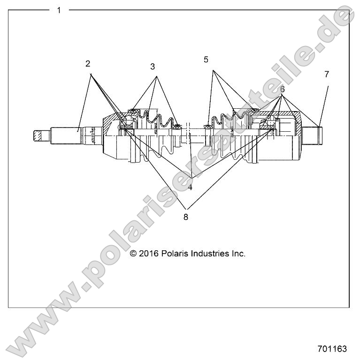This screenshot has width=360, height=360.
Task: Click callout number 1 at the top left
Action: (59, 10)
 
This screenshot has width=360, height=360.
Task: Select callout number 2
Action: (88, 63)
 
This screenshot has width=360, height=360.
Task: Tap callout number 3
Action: (153, 67)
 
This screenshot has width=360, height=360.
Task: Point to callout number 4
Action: (190, 187)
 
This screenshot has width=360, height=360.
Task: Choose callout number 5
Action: (206, 60)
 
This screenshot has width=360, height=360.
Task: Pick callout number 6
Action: (282, 89)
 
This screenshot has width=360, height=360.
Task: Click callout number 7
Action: (326, 74)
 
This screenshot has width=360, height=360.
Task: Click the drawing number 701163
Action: (332, 349)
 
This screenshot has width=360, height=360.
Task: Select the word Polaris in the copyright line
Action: (174, 253)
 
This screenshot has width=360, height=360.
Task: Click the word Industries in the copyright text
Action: (209, 253)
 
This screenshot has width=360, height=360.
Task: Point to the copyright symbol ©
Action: (133, 253)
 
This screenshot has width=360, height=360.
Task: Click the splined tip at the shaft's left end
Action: (41, 136)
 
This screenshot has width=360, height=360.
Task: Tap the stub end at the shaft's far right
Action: (314, 135)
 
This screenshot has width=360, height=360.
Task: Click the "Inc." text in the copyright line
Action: (238, 253)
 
